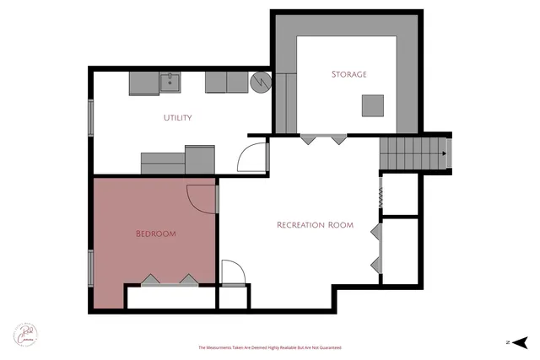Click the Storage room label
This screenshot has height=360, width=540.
pyautogui.click(x=348, y=74)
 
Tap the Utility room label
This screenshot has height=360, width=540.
pyautogui.click(x=177, y=118)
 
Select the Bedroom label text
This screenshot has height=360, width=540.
pyautogui.click(x=156, y=234)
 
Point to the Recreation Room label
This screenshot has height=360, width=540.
pyautogui.click(x=315, y=225)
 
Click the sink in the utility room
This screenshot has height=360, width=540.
pyautogui.click(x=171, y=82)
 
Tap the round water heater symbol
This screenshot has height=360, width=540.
pyautogui.click(x=260, y=82)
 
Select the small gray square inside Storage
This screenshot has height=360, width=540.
pyautogui.click(x=373, y=105)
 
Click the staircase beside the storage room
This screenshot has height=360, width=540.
pyautogui.click(x=411, y=153)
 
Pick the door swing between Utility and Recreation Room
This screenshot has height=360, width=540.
pyautogui.click(x=251, y=158)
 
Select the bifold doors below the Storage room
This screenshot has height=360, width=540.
pyautogui.click(x=324, y=138)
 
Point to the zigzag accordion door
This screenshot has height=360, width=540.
pyautogui.click(x=381, y=196)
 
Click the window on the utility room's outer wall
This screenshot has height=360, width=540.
pyautogui.click(x=90, y=116)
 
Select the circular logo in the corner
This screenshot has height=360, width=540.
pyautogui.click(x=24, y=332)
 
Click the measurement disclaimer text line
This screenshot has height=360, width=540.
pyautogui.click(x=270, y=347)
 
